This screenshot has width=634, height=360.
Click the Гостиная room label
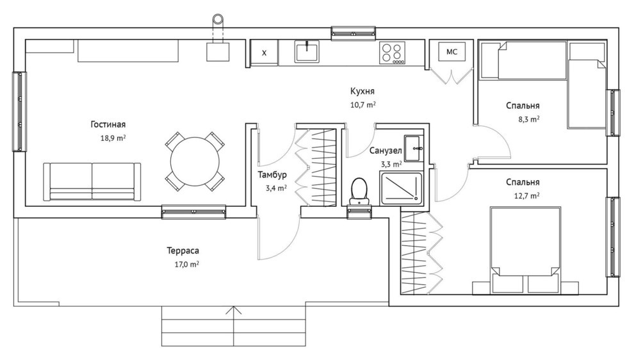(x=108, y=124)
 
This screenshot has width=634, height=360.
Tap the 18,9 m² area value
(x=113, y=138)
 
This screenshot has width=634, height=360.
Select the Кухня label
(x=362, y=91)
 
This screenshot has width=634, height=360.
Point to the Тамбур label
(x=273, y=175)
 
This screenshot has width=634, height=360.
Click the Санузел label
(x=386, y=151)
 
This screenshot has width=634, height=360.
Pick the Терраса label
(x=183, y=251)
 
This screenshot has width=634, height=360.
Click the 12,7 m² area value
(x=526, y=196)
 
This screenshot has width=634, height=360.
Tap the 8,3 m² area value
(x=529, y=119)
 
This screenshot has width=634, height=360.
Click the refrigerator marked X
(x=264, y=53)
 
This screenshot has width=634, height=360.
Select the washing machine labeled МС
(x=451, y=52)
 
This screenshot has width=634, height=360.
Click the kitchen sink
(x=307, y=52)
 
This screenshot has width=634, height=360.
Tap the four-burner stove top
(x=392, y=53)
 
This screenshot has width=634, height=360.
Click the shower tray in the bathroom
(x=401, y=188)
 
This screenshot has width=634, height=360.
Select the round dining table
(x=195, y=161)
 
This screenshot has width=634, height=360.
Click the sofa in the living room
(x=92, y=182)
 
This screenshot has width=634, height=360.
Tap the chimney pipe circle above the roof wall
(x=218, y=19)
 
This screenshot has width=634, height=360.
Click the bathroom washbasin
(x=414, y=149)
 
